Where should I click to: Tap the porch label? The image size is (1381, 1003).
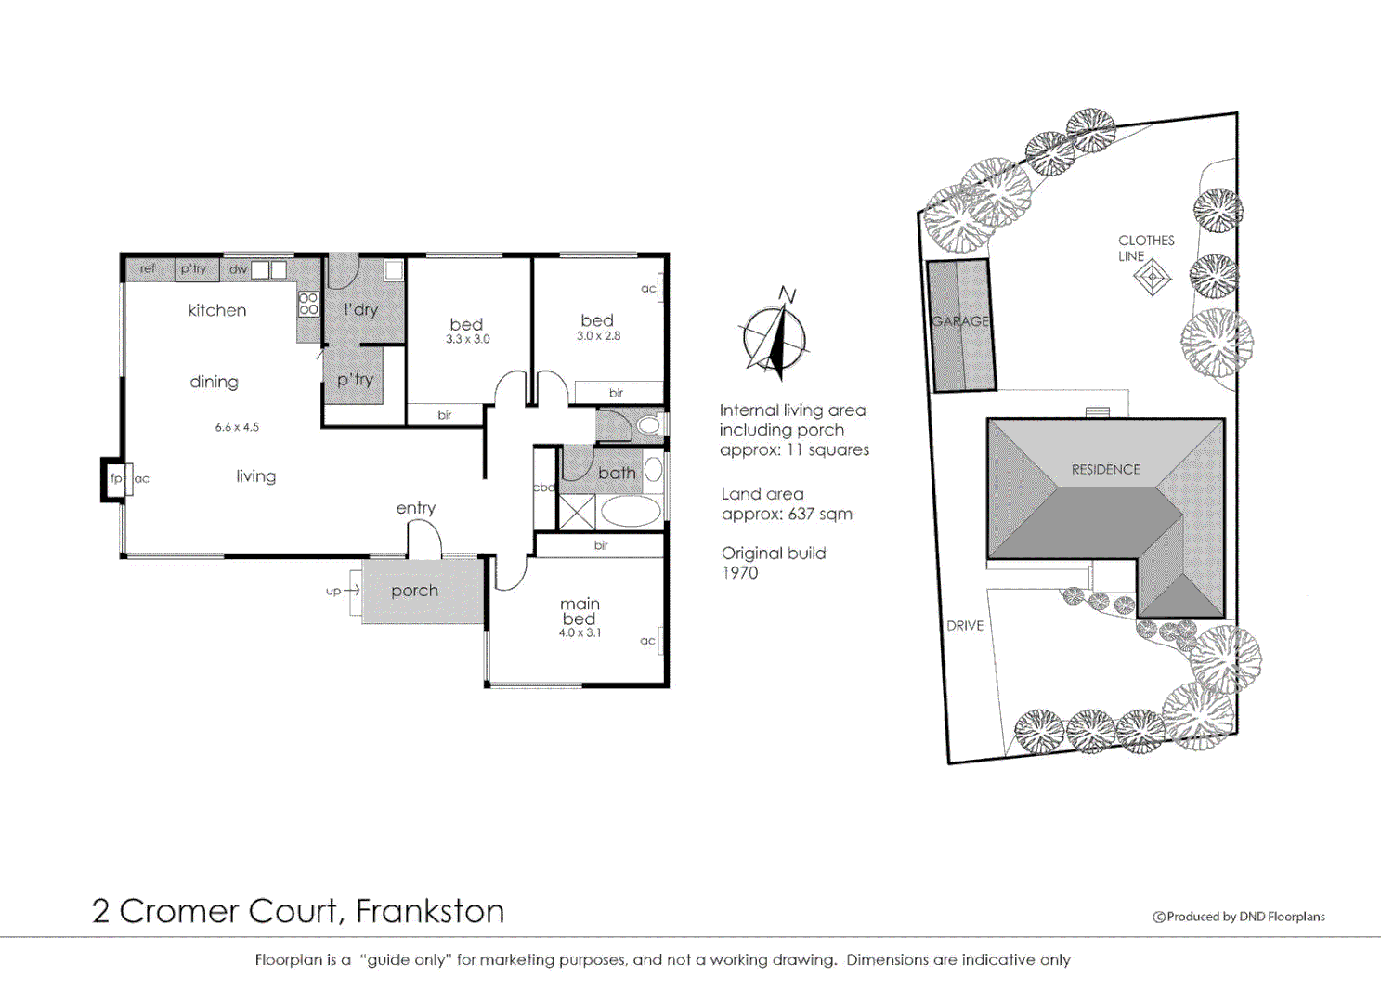coord(414,591)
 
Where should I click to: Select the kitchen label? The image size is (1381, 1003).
coord(217,310)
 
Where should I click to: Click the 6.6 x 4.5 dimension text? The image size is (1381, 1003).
coord(237,427)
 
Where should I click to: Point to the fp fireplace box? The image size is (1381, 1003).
coord(115,479)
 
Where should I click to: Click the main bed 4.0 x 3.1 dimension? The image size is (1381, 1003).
coord(580,632)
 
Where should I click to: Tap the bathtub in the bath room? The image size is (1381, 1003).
coord(631,511)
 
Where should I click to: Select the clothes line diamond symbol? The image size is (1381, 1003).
coord(1153,277)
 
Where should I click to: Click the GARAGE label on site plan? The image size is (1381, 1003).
coord(960,321)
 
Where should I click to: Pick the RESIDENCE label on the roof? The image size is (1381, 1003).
coord(1105,470)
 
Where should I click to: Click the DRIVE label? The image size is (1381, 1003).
coord(964,626)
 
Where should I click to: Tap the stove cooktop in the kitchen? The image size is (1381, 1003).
coord(308,304)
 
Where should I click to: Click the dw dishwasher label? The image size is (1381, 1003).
coord(238,269)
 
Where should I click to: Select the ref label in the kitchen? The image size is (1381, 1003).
coord(148,268)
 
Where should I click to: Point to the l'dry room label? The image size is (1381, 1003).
coord(361,309)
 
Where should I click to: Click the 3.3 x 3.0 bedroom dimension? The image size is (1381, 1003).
coord(467,340)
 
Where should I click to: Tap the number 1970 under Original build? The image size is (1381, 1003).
coord(739,573)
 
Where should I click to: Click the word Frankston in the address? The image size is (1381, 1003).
coord(430,911)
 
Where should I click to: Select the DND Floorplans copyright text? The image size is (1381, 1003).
coord(1239,917)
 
